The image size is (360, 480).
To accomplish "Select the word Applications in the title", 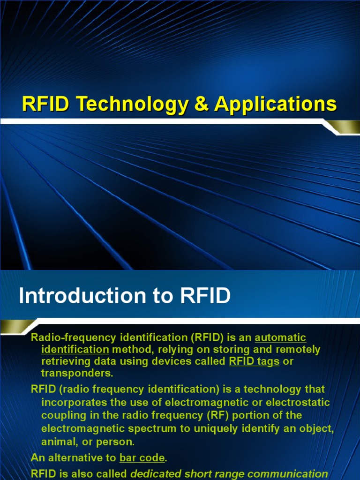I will click(x=275, y=104).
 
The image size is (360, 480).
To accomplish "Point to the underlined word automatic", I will click(x=280, y=337).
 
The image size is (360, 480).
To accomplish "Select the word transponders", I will click(x=77, y=373).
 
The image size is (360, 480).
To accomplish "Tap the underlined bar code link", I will click(x=142, y=457).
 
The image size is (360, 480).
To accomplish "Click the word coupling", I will click(x=60, y=415).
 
